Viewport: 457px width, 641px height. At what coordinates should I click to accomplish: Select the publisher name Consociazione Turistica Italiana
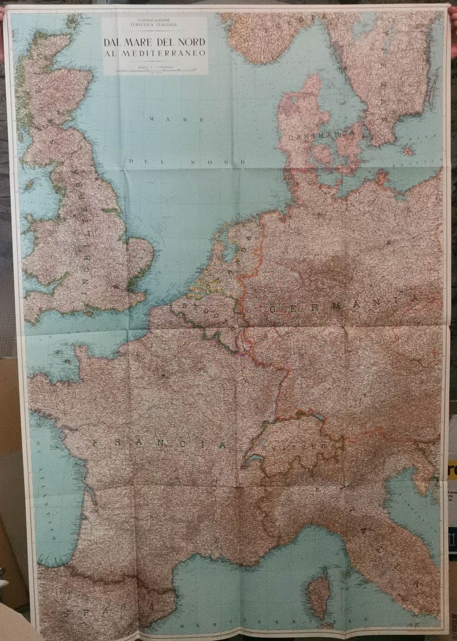[x=154, y=23]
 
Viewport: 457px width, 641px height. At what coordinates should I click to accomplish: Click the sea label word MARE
[x=178, y=120]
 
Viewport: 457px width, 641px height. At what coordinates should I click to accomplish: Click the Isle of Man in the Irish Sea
[x=30, y=186]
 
